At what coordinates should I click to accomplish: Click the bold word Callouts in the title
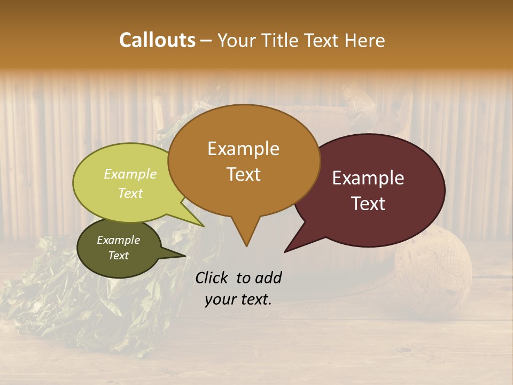click(x=157, y=40)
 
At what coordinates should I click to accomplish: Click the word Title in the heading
click(x=281, y=40)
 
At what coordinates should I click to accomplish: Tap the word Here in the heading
click(x=365, y=40)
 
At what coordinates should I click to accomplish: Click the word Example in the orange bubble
click(x=243, y=149)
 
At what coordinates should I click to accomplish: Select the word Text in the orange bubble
click(x=243, y=174)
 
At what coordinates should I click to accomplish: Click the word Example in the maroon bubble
click(x=368, y=178)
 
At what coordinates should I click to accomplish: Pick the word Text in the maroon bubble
click(x=368, y=204)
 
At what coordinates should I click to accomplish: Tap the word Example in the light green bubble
click(x=130, y=174)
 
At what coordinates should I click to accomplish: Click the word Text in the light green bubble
click(x=130, y=193)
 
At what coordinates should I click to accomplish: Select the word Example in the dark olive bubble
click(x=118, y=240)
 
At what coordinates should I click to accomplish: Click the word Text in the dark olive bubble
click(x=118, y=256)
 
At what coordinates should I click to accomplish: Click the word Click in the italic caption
click(x=213, y=278)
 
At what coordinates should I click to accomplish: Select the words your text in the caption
click(x=238, y=299)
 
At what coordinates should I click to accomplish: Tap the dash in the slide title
click(x=207, y=41)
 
